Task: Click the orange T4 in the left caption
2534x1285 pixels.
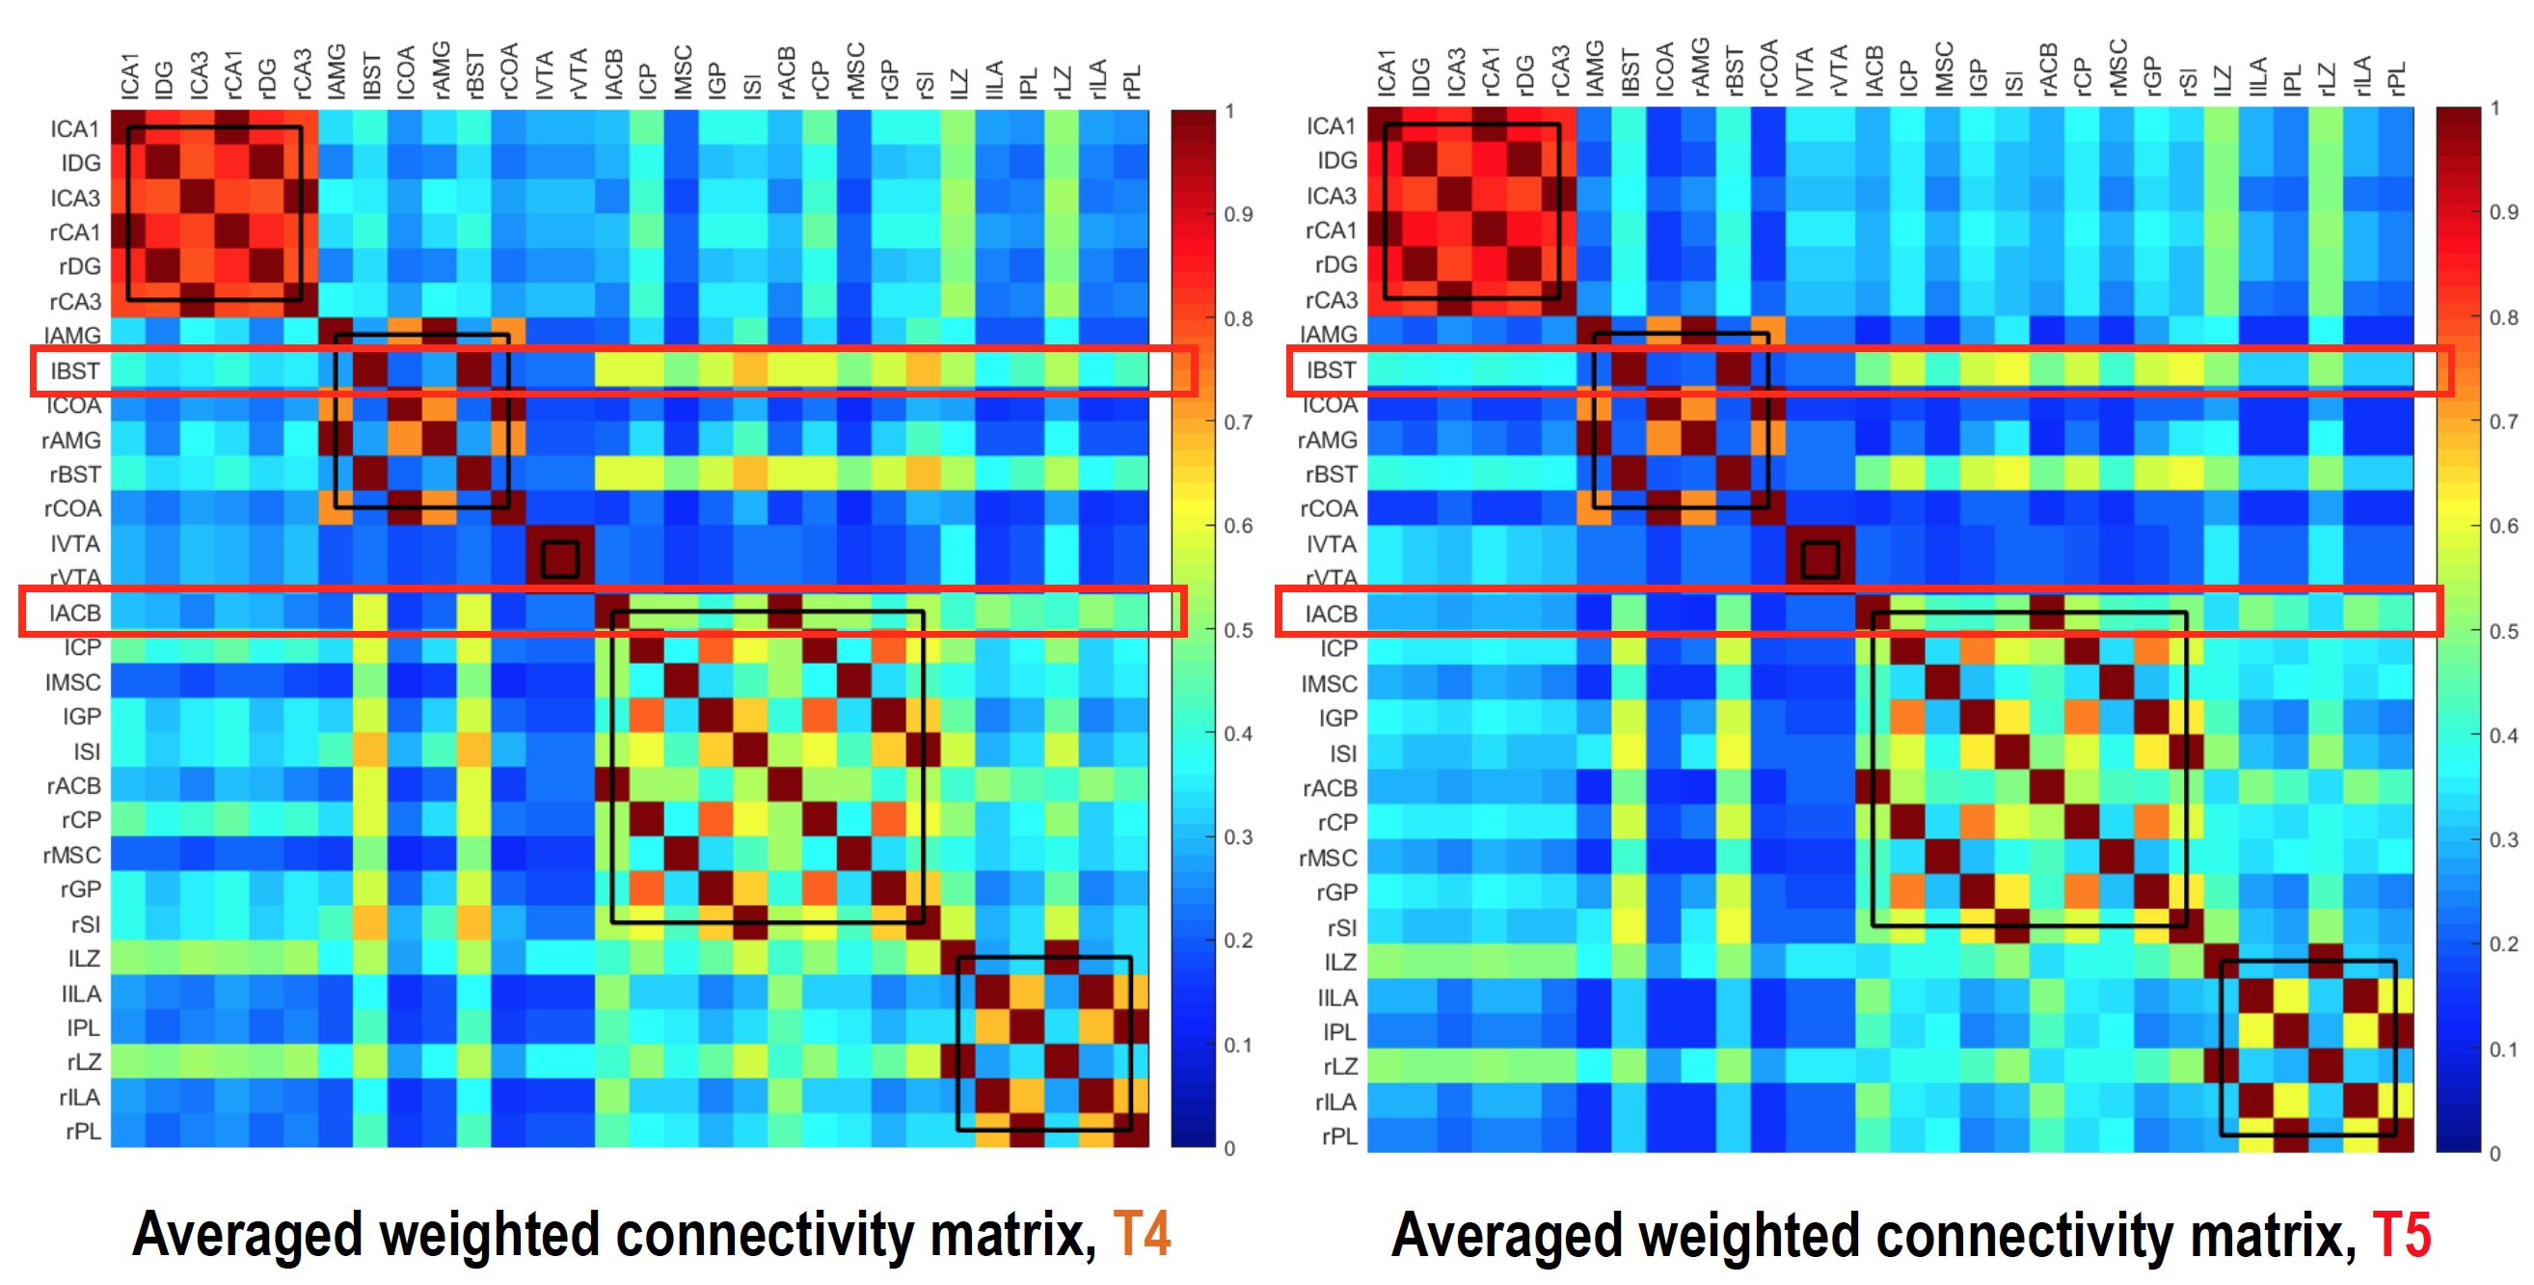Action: click(x=1141, y=1235)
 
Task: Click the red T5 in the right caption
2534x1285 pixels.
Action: click(x=2401, y=1235)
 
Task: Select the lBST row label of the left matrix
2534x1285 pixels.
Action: click(x=75, y=371)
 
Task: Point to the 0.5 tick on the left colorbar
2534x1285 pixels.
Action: click(x=1236, y=630)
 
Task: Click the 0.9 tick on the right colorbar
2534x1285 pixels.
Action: click(x=2503, y=212)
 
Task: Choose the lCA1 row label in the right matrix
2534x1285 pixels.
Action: click(x=1331, y=126)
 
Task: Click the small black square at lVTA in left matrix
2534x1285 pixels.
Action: click(x=559, y=560)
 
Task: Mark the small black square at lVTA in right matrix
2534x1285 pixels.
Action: click(x=1820, y=560)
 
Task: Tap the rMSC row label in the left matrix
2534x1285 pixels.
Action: click(x=71, y=855)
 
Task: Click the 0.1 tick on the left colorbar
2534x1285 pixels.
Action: click(x=1236, y=1045)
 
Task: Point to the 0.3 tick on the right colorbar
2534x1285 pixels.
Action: click(x=2503, y=840)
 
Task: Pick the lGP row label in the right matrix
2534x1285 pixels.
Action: click(x=1336, y=719)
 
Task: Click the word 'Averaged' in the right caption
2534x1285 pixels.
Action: click(x=1505, y=1235)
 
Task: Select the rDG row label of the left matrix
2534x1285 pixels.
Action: click(x=80, y=266)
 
